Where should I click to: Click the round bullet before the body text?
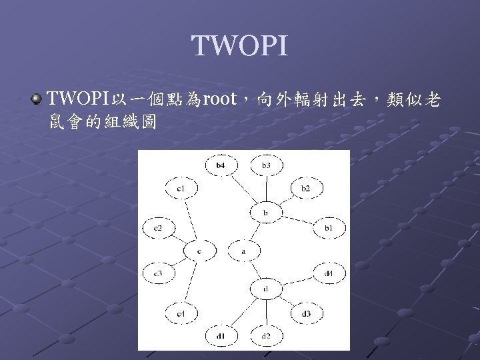point(35,100)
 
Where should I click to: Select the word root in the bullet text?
point(219,100)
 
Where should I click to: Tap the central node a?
point(243,251)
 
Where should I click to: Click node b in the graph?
point(265,213)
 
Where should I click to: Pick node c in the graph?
point(198,251)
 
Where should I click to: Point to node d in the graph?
point(265,289)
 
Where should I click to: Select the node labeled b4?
point(221,164)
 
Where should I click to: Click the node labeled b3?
point(266,164)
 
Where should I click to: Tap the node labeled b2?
point(305,189)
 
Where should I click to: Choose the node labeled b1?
point(328,228)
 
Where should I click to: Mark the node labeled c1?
point(181,189)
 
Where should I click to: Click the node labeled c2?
point(158,229)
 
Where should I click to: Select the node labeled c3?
point(158,273)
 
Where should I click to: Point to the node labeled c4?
point(181,313)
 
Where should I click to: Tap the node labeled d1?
point(221,335)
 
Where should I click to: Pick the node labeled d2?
point(266,335)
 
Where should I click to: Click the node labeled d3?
point(305,313)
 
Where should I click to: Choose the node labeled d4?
point(329,273)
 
